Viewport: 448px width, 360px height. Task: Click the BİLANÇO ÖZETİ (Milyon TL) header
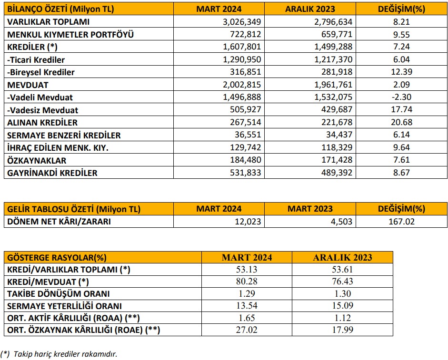60,9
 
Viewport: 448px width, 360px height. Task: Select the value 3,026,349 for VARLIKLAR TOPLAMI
242,22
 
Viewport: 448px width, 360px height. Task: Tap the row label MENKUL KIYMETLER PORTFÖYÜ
70,35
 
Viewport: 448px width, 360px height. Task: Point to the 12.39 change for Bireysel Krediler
401,72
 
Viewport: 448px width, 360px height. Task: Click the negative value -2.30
401,97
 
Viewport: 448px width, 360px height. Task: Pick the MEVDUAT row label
28,85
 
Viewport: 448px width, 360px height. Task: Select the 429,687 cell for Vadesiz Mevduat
337,110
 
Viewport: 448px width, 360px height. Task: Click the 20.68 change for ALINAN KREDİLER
401,122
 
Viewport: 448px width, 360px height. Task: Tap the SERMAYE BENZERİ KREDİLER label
64,136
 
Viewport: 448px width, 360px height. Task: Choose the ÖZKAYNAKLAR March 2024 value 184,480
246,160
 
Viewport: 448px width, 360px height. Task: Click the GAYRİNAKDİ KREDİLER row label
52,173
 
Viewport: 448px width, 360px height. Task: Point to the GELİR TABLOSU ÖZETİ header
74,209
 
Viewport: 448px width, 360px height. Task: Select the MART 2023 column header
310,209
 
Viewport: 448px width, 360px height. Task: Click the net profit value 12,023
248,222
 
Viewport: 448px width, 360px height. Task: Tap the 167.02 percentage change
401,222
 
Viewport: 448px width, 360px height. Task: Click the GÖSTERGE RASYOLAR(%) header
57,258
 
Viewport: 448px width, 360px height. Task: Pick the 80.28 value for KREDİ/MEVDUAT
247,282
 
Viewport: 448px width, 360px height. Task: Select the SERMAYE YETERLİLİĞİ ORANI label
64,306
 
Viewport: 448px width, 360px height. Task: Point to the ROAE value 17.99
342,330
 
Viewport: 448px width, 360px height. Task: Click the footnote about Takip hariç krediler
59,354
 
